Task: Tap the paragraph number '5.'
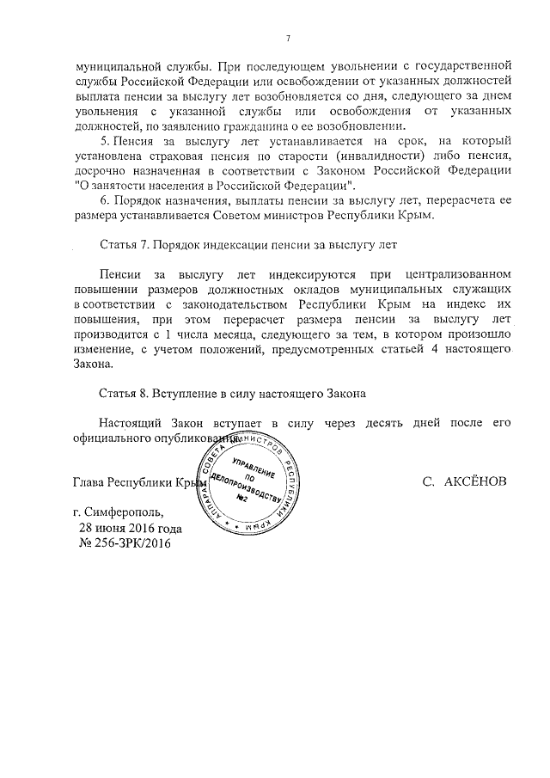coord(105,139)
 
